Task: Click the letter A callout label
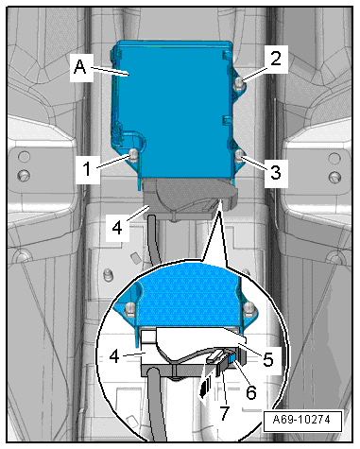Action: (x=80, y=67)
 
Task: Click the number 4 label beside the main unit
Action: (x=117, y=227)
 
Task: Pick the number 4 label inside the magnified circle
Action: (x=114, y=356)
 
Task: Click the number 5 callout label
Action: (x=268, y=359)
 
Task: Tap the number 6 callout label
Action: (x=251, y=392)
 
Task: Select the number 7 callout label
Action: (x=224, y=413)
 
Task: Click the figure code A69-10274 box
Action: (x=302, y=421)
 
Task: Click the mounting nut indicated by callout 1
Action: (x=133, y=154)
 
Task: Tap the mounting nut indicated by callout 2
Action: (x=238, y=83)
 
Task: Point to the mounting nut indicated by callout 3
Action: (x=239, y=155)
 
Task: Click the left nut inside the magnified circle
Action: (x=130, y=309)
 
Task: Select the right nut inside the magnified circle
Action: (x=249, y=308)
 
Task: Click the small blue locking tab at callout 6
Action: (x=231, y=358)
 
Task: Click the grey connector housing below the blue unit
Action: (x=188, y=199)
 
